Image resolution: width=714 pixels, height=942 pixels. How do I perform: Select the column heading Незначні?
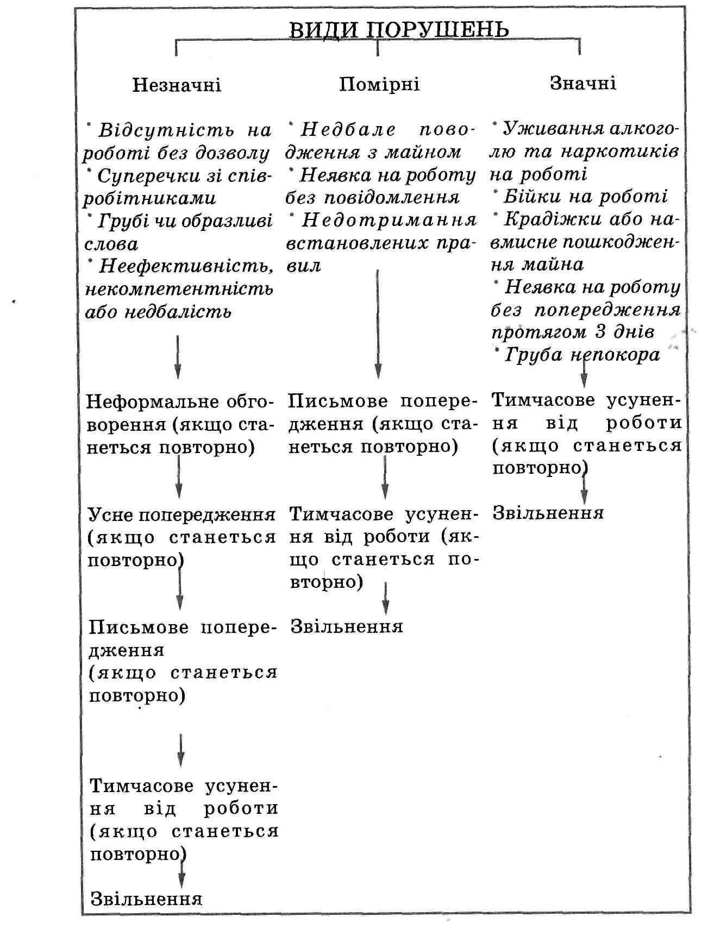coord(177,85)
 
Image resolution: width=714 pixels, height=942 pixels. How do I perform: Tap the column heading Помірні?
coord(379,85)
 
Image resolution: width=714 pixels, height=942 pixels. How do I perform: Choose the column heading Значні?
coord(583,83)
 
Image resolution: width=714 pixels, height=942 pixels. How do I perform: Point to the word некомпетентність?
coord(179,288)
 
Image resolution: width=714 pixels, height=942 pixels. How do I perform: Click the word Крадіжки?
coord(538,219)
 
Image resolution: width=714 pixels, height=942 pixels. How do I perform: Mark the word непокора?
coord(615,355)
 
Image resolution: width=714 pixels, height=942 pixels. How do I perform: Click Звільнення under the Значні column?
coord(548,513)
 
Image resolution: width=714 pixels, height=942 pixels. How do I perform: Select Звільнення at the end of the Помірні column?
coord(347,626)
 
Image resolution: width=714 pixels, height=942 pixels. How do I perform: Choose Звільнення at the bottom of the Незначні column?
coord(146,899)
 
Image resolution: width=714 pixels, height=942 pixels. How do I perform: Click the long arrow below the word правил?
coord(378,323)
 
